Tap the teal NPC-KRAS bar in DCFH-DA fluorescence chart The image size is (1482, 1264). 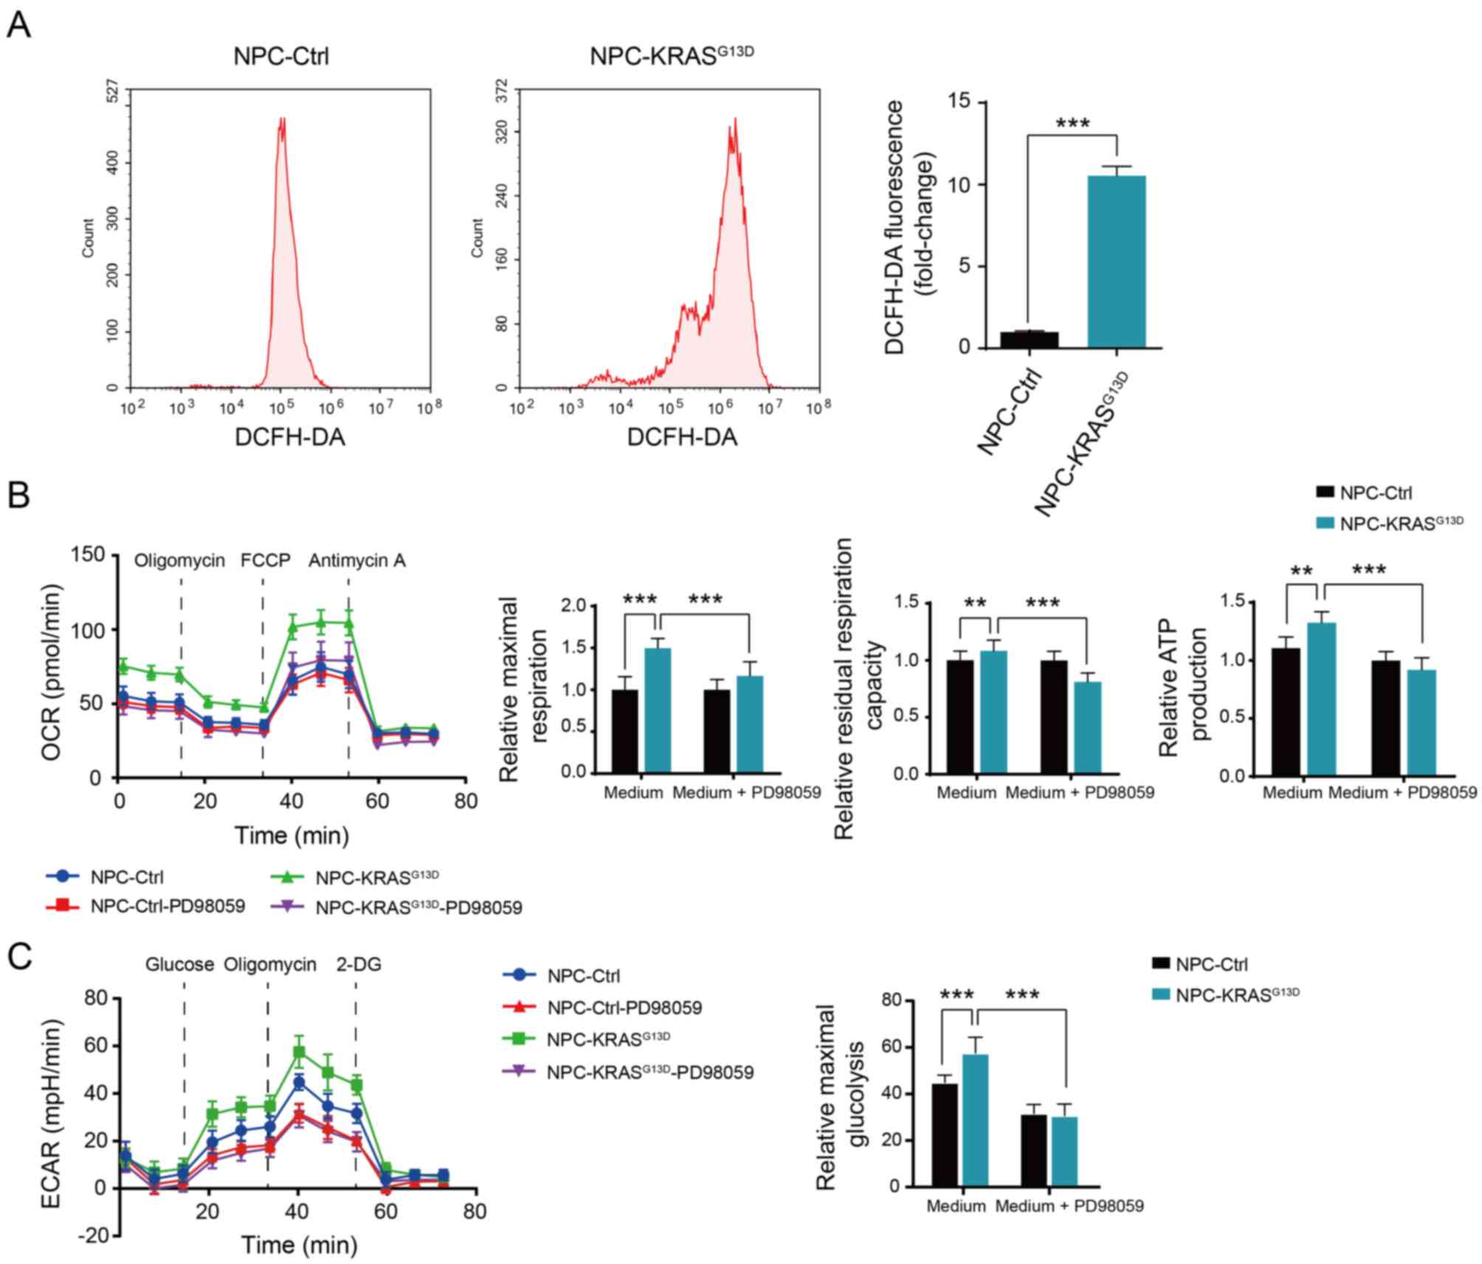pyautogui.click(x=1116, y=261)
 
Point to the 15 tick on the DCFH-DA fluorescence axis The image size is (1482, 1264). pyautogui.click(x=963, y=103)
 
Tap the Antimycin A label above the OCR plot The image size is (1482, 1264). pyautogui.click(x=357, y=561)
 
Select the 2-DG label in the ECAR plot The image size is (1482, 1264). pyautogui.click(x=359, y=964)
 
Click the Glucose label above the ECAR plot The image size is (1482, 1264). pyautogui.click(x=179, y=964)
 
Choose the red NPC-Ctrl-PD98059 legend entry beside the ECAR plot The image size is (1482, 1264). pyautogui.click(x=624, y=1007)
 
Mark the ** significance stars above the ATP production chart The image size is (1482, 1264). pyautogui.click(x=1300, y=570)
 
